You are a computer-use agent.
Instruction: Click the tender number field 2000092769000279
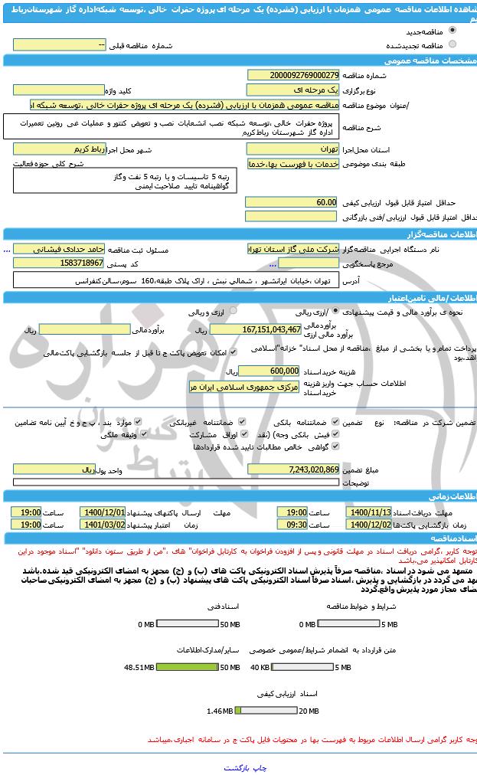[292, 75]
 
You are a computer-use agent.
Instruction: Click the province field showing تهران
[292, 149]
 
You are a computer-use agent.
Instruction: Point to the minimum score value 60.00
[291, 202]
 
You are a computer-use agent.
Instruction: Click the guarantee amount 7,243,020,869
[292, 469]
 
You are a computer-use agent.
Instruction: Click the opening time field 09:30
[292, 525]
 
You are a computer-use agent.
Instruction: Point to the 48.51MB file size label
[139, 667]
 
